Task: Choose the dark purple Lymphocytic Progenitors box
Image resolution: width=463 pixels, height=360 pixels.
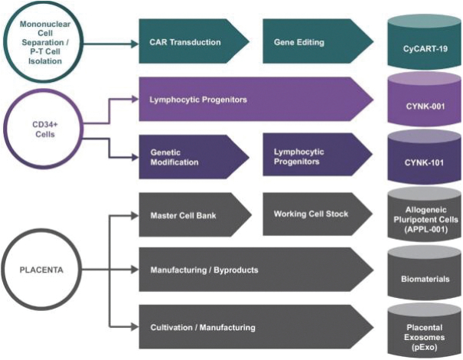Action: click(310, 157)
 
